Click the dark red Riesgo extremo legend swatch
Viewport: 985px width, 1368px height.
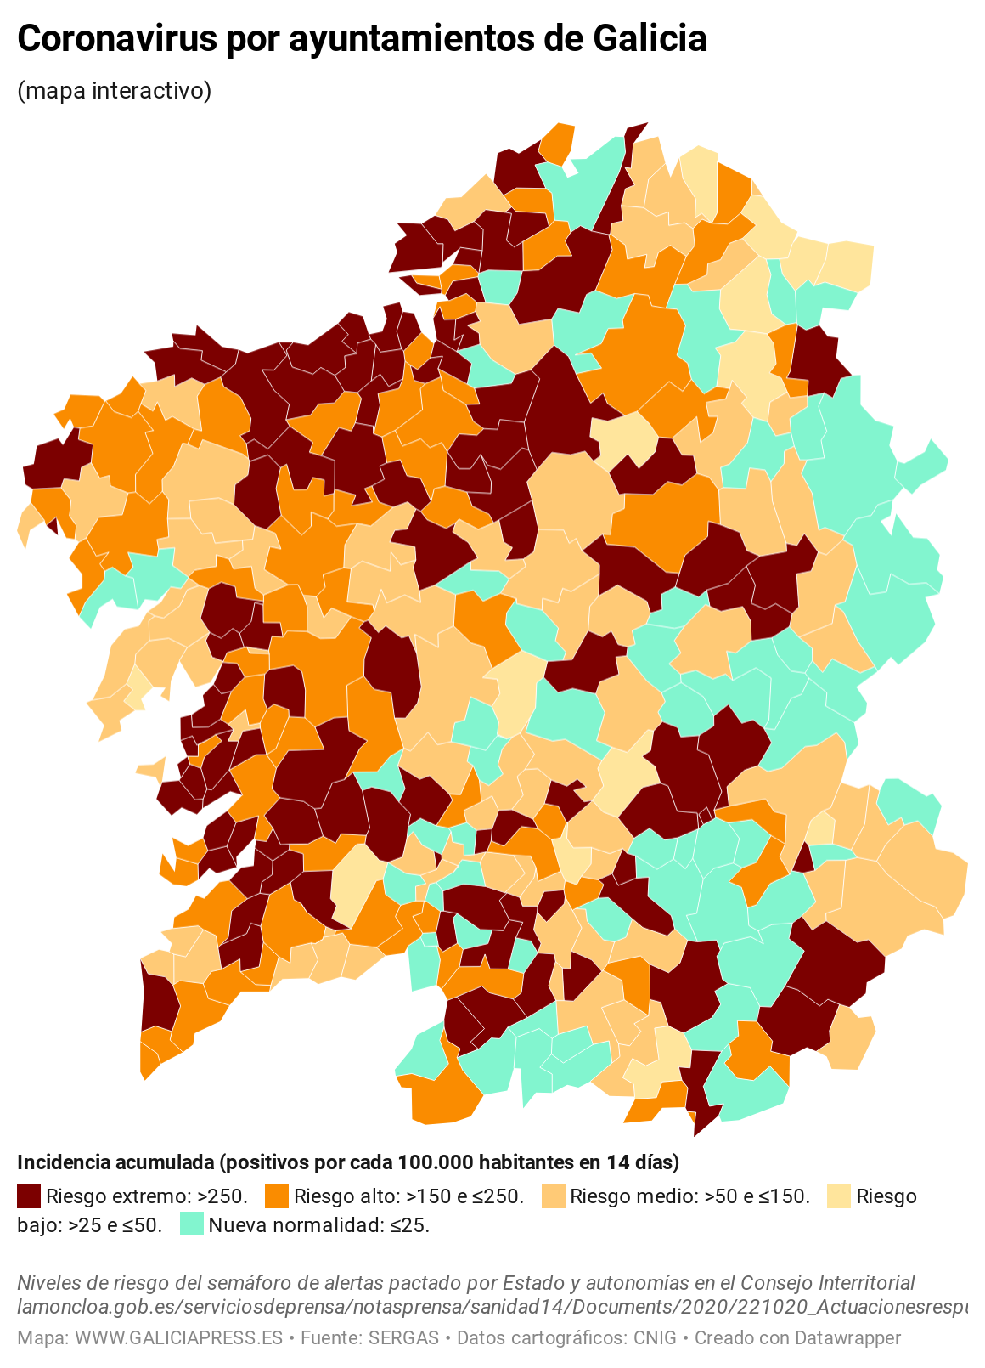pos(29,1196)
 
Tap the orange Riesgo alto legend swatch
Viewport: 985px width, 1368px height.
pos(277,1196)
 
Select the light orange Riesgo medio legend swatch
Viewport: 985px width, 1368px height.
pos(553,1196)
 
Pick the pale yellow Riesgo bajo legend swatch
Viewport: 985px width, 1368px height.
pos(839,1196)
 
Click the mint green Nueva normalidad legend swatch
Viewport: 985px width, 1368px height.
pos(192,1225)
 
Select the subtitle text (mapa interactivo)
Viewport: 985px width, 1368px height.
pos(114,90)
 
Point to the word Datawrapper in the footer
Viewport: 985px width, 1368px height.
pos(847,1338)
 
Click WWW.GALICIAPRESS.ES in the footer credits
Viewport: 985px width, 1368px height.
pos(178,1338)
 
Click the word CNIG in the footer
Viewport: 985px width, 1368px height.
pos(655,1338)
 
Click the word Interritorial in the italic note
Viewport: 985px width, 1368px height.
pos(860,1283)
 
